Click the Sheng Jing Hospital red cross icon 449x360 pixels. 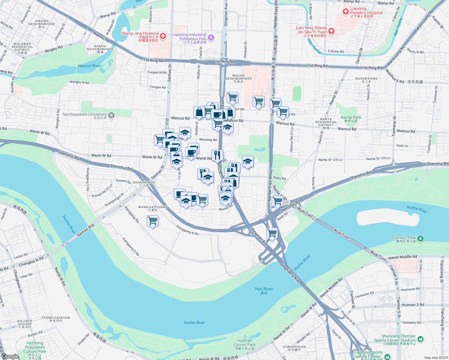(x=163, y=36)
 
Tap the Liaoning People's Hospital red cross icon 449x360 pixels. (x=346, y=11)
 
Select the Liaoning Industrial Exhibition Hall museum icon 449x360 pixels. (x=211, y=37)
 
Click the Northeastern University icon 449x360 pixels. (x=111, y=115)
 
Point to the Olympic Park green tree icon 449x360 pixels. (x=420, y=238)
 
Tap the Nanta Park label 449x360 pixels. (x=351, y=119)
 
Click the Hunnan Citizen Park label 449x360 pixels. (x=245, y=344)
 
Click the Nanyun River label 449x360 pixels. (x=89, y=66)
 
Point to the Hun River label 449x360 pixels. (x=264, y=290)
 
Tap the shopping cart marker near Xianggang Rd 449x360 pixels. (x=153, y=221)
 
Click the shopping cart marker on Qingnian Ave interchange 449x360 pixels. (x=272, y=233)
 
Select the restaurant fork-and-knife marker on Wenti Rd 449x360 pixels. (x=217, y=155)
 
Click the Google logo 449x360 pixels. (x=10, y=356)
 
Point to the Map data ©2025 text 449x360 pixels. (x=436, y=358)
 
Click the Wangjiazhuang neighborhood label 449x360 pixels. (x=153, y=208)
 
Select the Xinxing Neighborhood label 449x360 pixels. (x=42, y=24)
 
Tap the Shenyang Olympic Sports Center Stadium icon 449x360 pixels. (x=420, y=339)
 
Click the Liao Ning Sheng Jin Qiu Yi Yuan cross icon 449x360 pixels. (x=331, y=31)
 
